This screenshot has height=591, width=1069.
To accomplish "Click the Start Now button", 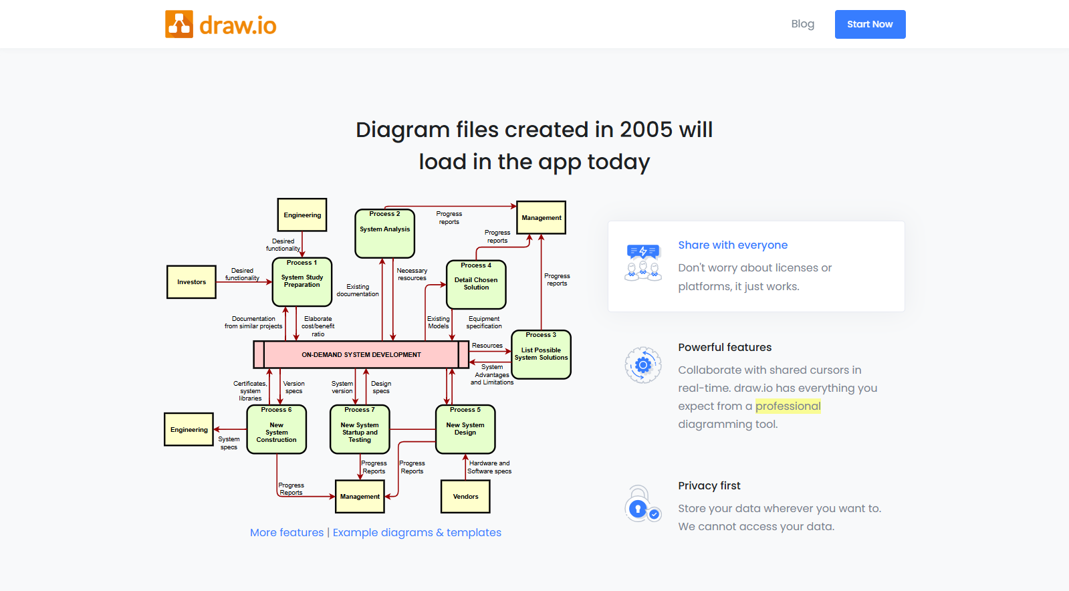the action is [x=870, y=24].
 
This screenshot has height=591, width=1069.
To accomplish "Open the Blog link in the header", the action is [x=803, y=24].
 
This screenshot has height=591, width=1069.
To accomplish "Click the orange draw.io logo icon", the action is [x=179, y=24].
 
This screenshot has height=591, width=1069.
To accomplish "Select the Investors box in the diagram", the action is [x=191, y=282].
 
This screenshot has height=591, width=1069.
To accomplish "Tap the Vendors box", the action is [x=465, y=497].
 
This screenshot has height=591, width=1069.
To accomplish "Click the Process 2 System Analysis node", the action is [x=384, y=233].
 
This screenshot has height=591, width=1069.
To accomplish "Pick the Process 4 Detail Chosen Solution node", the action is [x=476, y=285].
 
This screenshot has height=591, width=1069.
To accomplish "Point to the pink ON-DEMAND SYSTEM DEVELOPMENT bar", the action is [x=361, y=355].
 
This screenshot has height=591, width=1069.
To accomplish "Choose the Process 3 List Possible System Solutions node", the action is [x=541, y=355].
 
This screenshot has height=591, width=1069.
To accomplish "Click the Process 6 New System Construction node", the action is [x=276, y=429].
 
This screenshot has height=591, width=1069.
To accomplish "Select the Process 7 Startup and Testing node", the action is [x=360, y=429].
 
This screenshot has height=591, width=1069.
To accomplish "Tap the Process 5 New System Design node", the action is [x=465, y=429].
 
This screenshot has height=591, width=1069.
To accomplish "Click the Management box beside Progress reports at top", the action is [x=541, y=218].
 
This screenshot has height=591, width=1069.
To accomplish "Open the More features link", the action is [x=287, y=532].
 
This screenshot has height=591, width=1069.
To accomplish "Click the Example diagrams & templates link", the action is [x=417, y=532].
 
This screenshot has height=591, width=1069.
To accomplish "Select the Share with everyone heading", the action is [x=733, y=245].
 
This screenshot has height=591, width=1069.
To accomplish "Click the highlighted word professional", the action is [x=788, y=406].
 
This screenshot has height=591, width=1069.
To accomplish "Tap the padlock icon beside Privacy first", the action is [x=642, y=504].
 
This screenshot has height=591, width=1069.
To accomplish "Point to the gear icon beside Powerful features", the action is [x=643, y=365].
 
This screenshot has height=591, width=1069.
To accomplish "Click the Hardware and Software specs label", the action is [x=489, y=467].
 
